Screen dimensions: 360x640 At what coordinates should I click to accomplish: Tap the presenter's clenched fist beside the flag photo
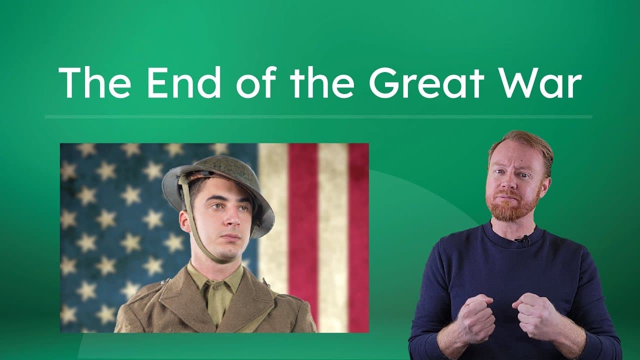tap(474, 317)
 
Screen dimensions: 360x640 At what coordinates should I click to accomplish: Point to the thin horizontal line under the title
tap(318, 117)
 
